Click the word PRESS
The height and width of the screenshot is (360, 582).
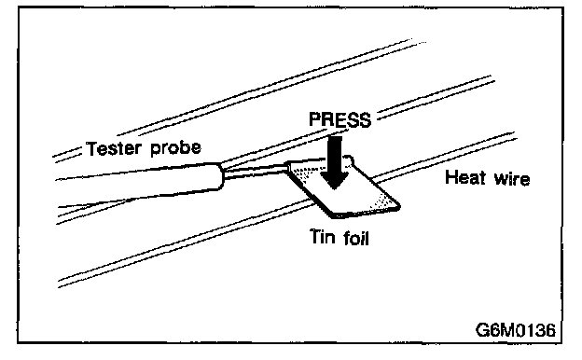coord(340,120)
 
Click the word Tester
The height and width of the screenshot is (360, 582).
coord(114,148)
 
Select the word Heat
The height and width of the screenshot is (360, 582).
coord(465,177)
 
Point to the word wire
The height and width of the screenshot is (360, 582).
coord(512,178)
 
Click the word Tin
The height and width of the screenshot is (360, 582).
coord(322,236)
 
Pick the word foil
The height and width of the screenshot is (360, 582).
coord(355,238)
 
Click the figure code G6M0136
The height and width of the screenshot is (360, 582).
coord(516,329)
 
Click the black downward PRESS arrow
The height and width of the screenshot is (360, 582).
coord(335,162)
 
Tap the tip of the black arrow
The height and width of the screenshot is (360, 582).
coord(335,189)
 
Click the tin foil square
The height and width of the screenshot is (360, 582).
coord(343,187)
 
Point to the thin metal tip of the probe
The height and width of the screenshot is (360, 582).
coord(256,172)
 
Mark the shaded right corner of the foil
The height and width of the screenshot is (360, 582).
coord(387,202)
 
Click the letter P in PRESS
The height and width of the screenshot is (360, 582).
coord(314,120)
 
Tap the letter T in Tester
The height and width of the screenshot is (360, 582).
coord(91,148)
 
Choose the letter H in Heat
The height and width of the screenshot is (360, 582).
coord(451,177)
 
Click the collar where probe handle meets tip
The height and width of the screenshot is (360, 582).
coord(222,175)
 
